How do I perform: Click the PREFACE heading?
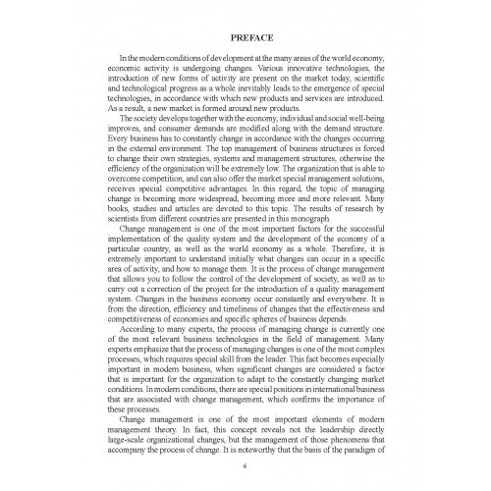click(245, 40)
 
